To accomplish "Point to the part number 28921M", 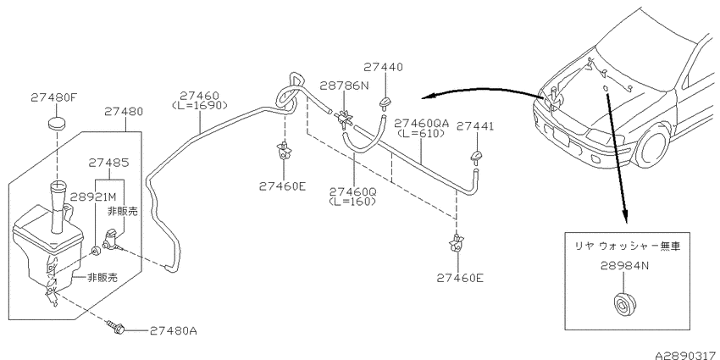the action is coord(94,197).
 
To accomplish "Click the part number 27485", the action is coord(108,163).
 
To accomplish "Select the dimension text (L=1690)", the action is coord(200,105).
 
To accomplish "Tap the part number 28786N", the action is coord(345,85).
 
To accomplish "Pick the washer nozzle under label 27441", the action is coord(477,157).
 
